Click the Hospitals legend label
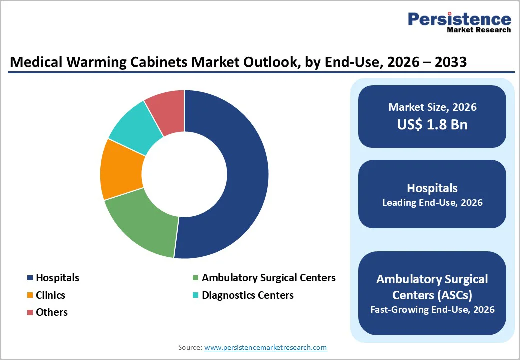point(57,278)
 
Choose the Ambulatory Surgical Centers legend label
point(268,278)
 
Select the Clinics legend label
point(50,295)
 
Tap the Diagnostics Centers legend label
point(247,295)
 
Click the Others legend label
point(52,312)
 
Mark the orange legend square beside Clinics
point(30,295)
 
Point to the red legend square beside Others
point(30,313)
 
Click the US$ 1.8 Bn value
point(432,124)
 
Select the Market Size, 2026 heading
point(432,107)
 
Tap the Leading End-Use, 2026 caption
point(432,203)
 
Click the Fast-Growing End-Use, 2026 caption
point(432,310)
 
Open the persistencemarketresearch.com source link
point(265,347)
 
